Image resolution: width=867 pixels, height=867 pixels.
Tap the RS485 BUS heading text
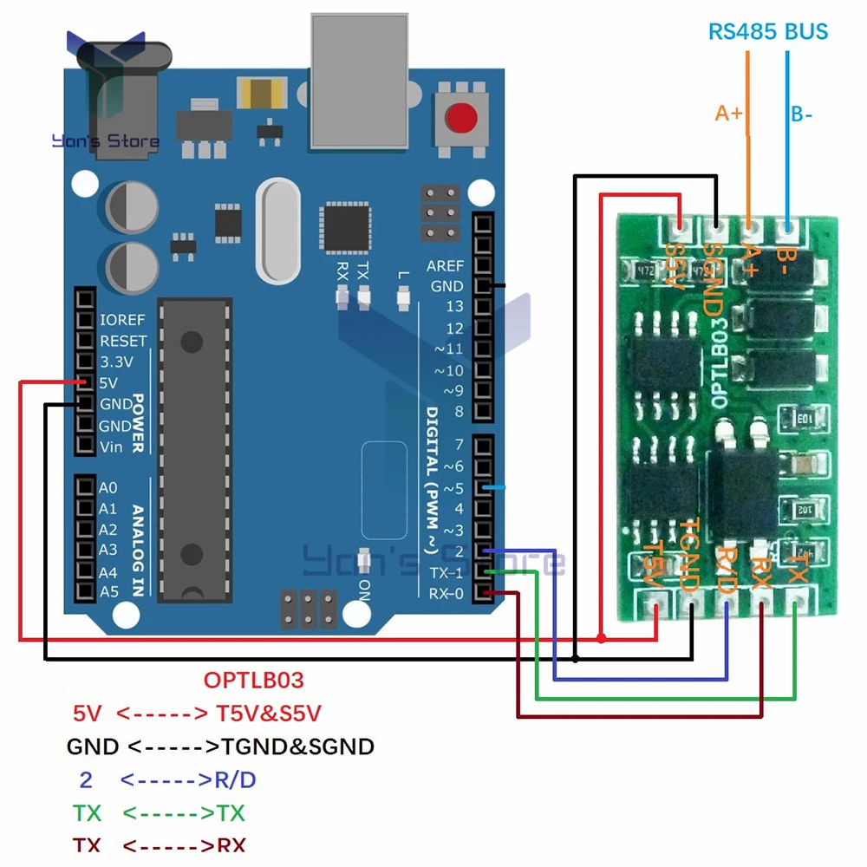click(x=768, y=32)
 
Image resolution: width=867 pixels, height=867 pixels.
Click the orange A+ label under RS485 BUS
click(x=729, y=113)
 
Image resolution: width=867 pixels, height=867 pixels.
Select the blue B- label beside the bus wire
click(x=801, y=114)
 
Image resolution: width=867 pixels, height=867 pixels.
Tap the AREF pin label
click(x=445, y=265)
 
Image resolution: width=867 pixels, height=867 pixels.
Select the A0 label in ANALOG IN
click(x=108, y=488)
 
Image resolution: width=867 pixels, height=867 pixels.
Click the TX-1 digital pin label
click(x=447, y=572)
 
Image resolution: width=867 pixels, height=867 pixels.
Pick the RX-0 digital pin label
click(x=447, y=594)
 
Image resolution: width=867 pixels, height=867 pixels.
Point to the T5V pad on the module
click(x=655, y=600)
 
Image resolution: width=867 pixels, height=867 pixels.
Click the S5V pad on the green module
click(x=680, y=229)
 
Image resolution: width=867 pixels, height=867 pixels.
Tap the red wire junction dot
click(x=601, y=638)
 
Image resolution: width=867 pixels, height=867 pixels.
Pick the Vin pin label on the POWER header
click(x=111, y=447)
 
